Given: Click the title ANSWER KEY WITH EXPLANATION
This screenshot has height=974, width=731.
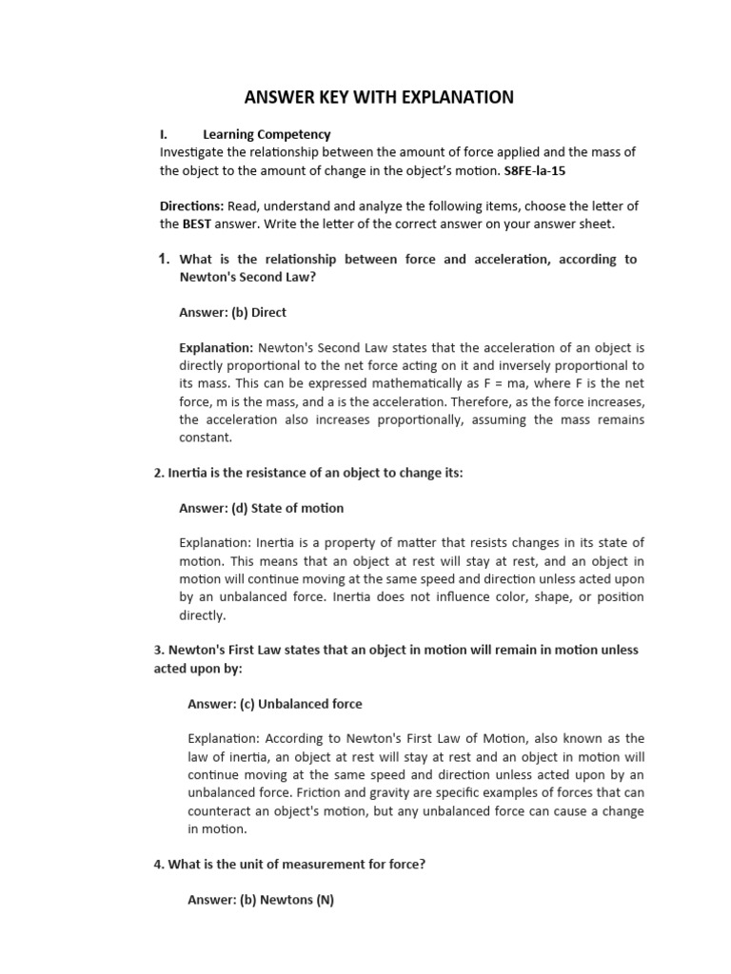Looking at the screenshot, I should [x=379, y=97].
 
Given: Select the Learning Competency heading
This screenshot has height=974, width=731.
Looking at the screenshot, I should [x=267, y=134].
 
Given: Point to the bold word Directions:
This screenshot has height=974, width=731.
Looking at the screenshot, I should [x=191, y=206].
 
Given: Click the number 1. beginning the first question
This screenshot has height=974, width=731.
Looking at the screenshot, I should [x=163, y=259].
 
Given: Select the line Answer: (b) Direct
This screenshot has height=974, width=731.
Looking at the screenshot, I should [x=232, y=312].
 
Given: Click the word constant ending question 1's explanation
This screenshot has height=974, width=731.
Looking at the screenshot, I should [x=206, y=438].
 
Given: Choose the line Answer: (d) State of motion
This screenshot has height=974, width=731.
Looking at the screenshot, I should [x=262, y=508].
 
